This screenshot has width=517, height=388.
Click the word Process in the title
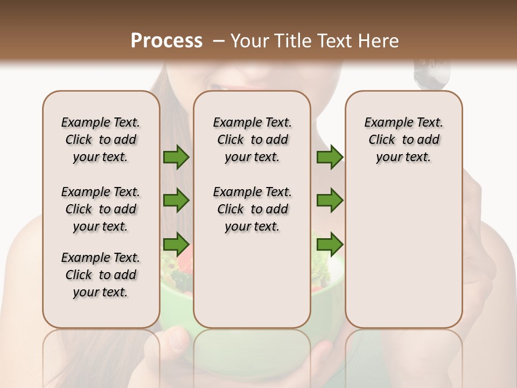pyautogui.click(x=166, y=41)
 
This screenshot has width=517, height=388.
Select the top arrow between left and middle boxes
pyautogui.click(x=176, y=157)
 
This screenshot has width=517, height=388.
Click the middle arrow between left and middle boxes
pyautogui.click(x=176, y=200)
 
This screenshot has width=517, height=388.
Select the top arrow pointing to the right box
pyautogui.click(x=330, y=157)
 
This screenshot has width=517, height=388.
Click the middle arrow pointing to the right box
pyautogui.click(x=330, y=200)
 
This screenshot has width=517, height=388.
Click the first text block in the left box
pyautogui.click(x=101, y=140)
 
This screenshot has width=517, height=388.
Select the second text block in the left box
pyautogui.click(x=101, y=209)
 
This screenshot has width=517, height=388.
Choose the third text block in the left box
pyautogui.click(x=101, y=275)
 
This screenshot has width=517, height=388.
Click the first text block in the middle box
pyautogui.click(x=252, y=140)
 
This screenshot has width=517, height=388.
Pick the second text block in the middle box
pyautogui.click(x=252, y=209)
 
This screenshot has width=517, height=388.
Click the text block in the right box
pyautogui.click(x=403, y=140)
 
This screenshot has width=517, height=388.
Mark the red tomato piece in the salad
pyautogui.click(x=184, y=261)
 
